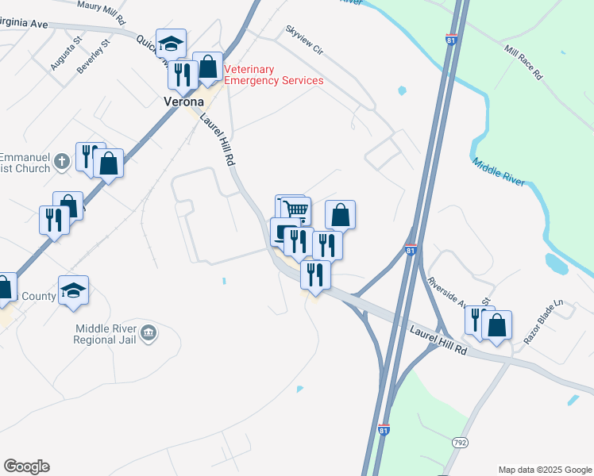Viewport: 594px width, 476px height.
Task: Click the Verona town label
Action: click(183, 102)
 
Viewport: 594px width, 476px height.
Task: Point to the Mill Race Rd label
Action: click(523, 62)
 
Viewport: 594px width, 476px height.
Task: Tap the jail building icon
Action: click(148, 334)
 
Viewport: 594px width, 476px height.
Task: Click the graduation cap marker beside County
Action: click(73, 290)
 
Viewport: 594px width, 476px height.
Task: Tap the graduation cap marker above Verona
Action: click(171, 43)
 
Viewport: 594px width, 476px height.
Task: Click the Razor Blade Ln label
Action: click(542, 321)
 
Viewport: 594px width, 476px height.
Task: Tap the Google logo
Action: click(26, 466)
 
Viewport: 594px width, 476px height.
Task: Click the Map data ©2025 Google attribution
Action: click(544, 470)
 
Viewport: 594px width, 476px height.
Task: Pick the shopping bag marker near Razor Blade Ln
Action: click(496, 325)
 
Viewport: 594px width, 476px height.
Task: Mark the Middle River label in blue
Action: click(499, 171)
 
